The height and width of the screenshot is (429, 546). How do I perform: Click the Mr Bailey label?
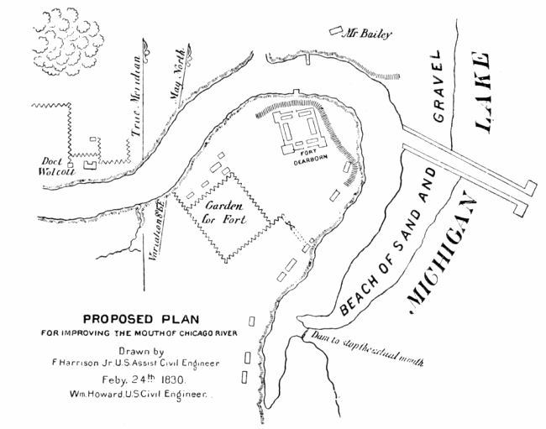click(370, 34)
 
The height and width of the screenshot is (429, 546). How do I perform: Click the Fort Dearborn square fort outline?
click(302, 128)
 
